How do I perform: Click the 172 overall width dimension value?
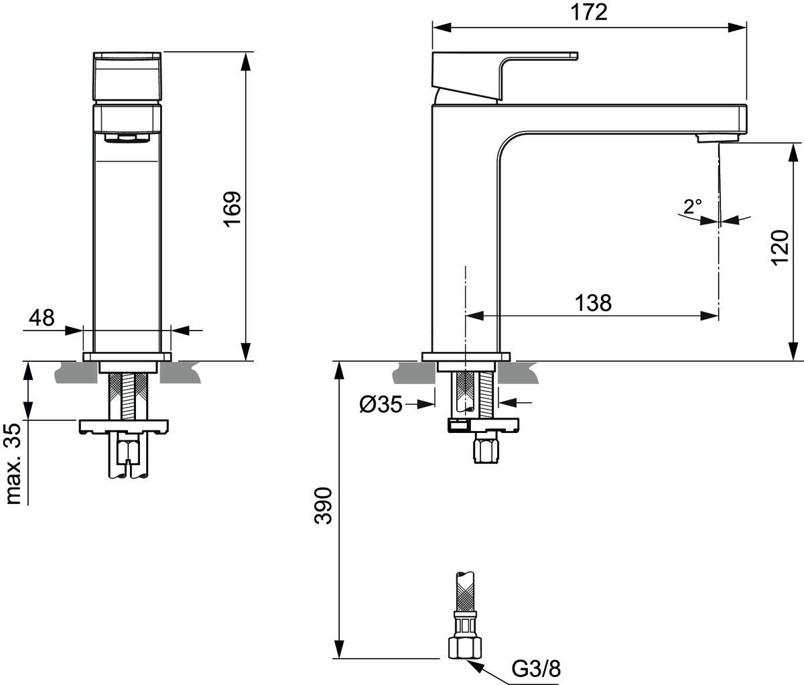589,13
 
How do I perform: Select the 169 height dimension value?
232,208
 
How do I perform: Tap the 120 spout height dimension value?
780,247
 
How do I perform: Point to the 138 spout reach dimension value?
593,303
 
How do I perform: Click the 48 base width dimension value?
42,318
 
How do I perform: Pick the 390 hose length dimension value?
324,505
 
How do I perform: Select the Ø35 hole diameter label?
381,405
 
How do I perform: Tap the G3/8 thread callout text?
536,669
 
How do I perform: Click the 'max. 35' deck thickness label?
14,464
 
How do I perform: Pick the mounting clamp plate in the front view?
124,426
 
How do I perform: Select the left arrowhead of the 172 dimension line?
442,27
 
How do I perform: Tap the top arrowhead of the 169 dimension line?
246,62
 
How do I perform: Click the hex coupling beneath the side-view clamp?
486,450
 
